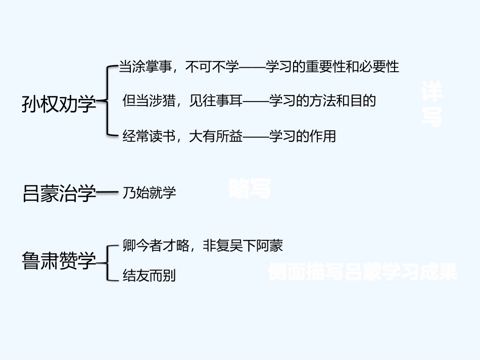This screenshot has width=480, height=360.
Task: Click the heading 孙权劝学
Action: click(x=59, y=105)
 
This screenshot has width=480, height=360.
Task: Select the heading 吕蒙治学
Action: click(x=59, y=193)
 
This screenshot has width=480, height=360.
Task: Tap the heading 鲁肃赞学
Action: click(x=59, y=261)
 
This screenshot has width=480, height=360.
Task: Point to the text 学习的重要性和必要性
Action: click(x=332, y=67)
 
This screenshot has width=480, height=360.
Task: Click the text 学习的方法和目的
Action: click(x=322, y=101)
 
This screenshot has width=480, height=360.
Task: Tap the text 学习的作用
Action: click(x=302, y=136)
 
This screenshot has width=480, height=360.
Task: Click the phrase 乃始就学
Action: click(x=149, y=193)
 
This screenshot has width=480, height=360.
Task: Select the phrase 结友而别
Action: click(x=149, y=276)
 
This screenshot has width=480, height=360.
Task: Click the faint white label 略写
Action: click(x=250, y=189)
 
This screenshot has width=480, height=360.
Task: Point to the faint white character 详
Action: click(x=431, y=92)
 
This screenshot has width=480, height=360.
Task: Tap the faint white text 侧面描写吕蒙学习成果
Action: click(x=362, y=272)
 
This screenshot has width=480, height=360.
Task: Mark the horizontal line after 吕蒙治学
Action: click(x=107, y=193)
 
